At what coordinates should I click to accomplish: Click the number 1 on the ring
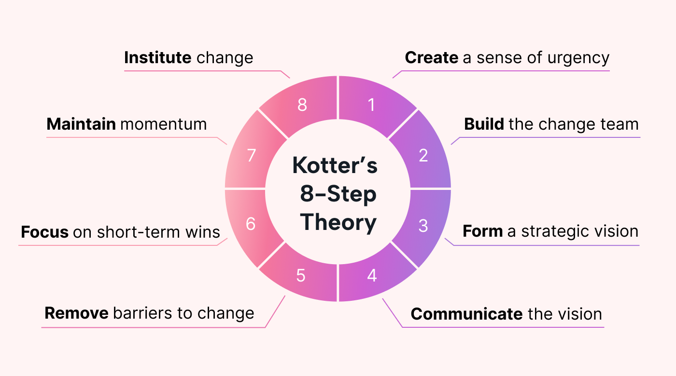(371, 105)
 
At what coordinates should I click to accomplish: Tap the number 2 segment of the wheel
(423, 155)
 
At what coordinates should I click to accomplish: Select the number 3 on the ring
(423, 226)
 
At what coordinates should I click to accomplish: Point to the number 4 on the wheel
(372, 275)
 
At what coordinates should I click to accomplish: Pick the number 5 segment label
(301, 275)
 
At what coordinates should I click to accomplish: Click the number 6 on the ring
(251, 224)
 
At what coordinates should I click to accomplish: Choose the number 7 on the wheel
(251, 156)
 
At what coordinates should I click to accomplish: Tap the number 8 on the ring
(302, 105)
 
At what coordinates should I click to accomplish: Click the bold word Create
(431, 58)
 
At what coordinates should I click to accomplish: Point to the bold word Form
(482, 231)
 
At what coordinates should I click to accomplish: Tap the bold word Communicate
(466, 314)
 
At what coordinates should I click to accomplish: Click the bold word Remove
(76, 313)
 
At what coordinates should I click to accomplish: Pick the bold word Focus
(44, 232)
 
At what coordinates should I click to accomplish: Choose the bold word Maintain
(81, 124)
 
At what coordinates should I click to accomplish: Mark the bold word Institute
(157, 58)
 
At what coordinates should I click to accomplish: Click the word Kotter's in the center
(335, 166)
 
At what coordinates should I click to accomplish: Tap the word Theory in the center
(338, 223)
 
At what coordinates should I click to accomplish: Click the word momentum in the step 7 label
(163, 124)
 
